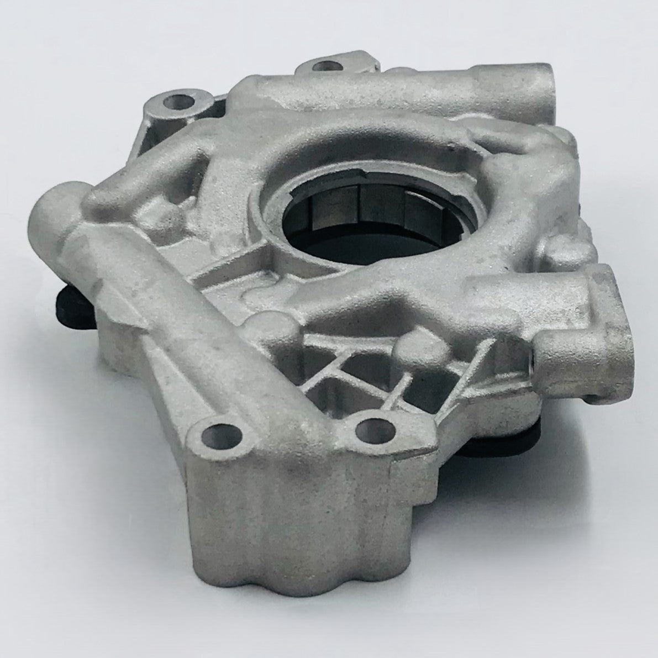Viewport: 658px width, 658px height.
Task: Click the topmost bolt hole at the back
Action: tap(323, 66)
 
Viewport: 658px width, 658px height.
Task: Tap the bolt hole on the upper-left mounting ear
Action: tap(178, 102)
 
